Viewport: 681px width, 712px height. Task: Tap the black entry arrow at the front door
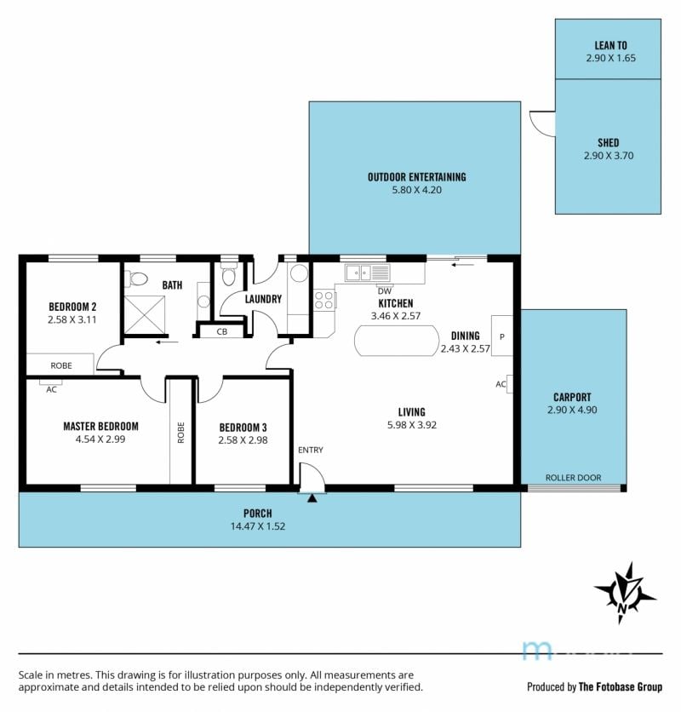(x=312, y=498)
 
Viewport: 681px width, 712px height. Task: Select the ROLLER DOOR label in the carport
(x=573, y=478)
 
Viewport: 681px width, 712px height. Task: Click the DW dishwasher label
(x=384, y=291)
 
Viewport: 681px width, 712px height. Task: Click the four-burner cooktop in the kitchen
(x=324, y=300)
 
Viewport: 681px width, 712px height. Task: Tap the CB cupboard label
(x=222, y=331)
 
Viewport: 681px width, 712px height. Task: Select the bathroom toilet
(x=135, y=278)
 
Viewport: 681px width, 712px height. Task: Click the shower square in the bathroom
(x=145, y=314)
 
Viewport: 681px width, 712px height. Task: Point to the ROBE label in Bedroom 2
(x=61, y=365)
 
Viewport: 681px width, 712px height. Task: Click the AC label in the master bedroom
(x=51, y=389)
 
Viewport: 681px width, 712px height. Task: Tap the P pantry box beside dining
(x=502, y=336)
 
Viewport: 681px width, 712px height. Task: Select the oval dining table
(x=397, y=341)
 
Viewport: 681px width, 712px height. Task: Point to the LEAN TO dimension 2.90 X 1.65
(x=610, y=58)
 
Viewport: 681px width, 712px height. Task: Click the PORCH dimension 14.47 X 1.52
(x=258, y=526)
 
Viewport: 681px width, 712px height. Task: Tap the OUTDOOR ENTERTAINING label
(x=417, y=177)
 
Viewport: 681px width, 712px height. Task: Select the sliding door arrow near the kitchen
(x=462, y=264)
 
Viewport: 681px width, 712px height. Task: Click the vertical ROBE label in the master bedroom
(x=181, y=433)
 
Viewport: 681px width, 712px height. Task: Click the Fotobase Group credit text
(x=595, y=686)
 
